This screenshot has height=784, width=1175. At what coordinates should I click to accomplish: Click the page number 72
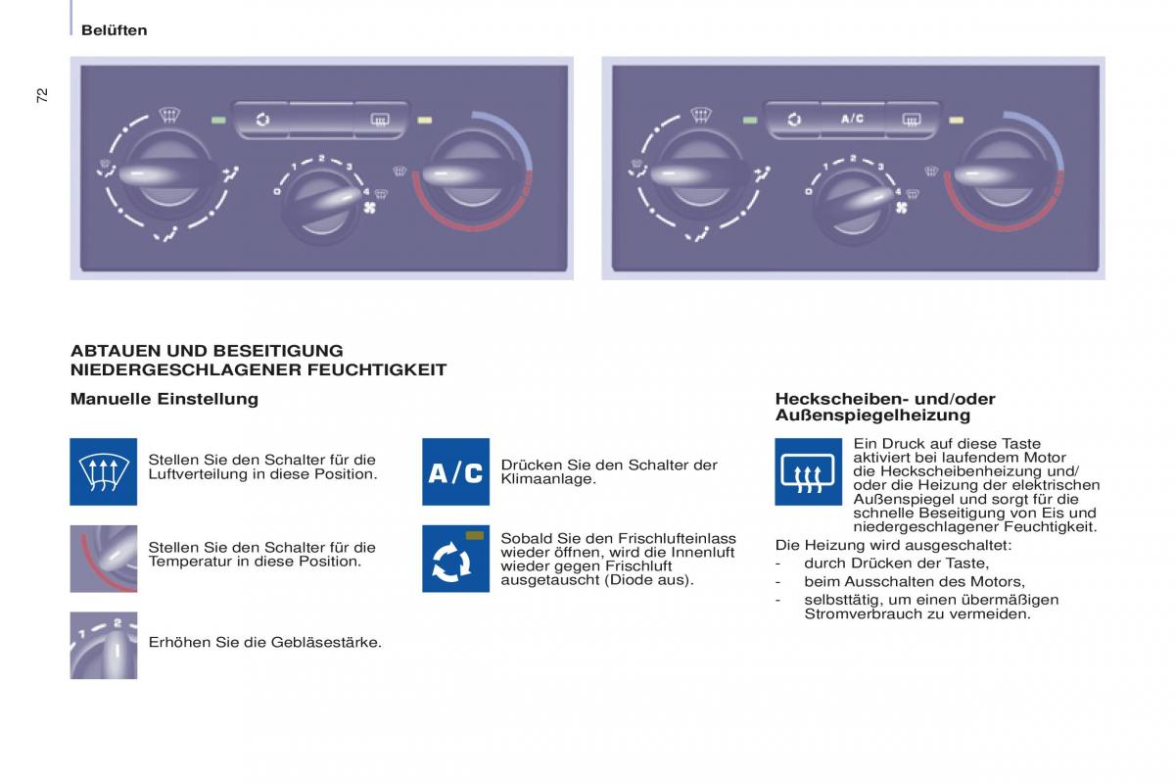coord(42,95)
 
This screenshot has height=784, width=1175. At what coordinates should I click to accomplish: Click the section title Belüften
coord(115,30)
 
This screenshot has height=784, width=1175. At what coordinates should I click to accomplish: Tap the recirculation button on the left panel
coord(262,120)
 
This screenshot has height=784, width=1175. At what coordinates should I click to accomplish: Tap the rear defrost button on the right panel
coord(912,120)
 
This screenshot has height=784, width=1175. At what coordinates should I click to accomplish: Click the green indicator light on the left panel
coord(218,121)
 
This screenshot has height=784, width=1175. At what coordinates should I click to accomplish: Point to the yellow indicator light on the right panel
coord(957,121)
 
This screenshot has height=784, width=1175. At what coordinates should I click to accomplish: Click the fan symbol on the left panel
coord(370,208)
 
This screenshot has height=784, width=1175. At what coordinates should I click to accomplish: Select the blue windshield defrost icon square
coord(104,471)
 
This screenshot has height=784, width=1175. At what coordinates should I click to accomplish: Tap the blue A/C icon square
coord(456,471)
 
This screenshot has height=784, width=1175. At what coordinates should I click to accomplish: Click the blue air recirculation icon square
coord(456,559)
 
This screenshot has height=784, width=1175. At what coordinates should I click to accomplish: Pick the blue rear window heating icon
coord(809,471)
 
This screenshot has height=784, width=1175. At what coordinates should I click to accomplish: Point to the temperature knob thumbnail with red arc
coord(104,559)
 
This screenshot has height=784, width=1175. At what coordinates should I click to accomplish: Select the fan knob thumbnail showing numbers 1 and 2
coord(104,646)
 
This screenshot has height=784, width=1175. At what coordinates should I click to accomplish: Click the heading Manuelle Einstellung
coord(164,399)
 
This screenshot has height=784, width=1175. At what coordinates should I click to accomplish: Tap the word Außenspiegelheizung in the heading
coord(872,416)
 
